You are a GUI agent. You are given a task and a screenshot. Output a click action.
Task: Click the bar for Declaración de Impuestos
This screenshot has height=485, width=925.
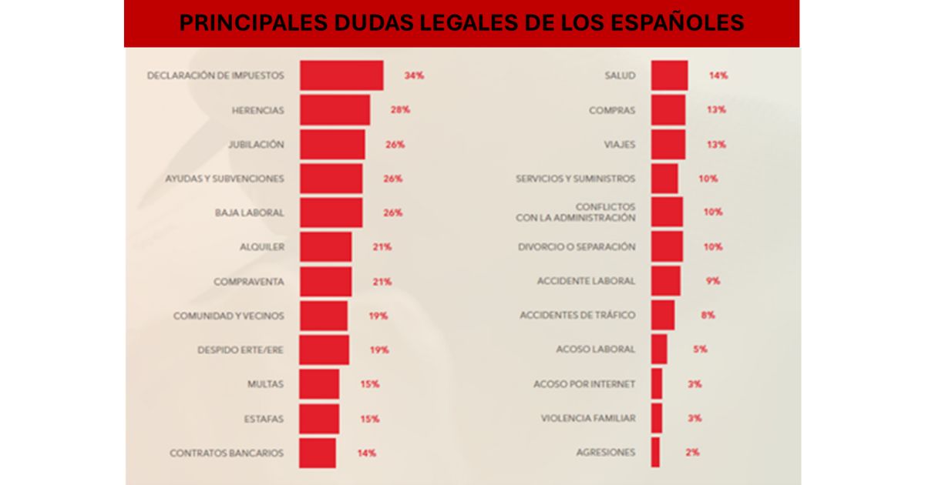341,75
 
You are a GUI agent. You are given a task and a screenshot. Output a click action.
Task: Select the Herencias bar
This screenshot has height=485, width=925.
335,110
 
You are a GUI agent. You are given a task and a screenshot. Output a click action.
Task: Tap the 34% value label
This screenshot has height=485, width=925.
414,75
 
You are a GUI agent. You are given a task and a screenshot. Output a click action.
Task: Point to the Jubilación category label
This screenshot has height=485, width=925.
256,145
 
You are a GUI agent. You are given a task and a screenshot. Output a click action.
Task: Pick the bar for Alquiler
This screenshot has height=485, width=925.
325,247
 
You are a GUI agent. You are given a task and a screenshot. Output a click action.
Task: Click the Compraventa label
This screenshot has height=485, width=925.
248,282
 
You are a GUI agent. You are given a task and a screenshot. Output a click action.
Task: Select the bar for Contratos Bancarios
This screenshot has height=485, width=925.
318,453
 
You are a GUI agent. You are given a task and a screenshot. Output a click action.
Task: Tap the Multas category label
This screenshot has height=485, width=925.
265,384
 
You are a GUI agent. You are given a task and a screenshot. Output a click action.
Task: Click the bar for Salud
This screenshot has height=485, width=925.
669,75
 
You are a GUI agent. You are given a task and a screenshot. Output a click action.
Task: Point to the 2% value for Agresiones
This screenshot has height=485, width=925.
692,453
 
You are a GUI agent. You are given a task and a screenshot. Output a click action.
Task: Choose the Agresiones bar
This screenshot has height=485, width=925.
655,453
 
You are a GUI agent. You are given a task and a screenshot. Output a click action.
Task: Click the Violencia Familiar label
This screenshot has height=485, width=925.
588,418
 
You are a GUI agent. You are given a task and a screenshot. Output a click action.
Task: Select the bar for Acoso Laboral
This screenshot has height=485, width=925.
659,350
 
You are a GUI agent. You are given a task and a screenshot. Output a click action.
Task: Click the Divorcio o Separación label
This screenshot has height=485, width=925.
577,247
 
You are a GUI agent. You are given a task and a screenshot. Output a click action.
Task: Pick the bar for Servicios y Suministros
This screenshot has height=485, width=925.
664,179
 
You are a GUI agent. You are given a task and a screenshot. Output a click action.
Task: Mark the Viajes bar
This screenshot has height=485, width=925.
668,145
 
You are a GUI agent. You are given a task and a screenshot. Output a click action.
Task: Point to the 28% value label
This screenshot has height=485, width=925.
400,110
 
